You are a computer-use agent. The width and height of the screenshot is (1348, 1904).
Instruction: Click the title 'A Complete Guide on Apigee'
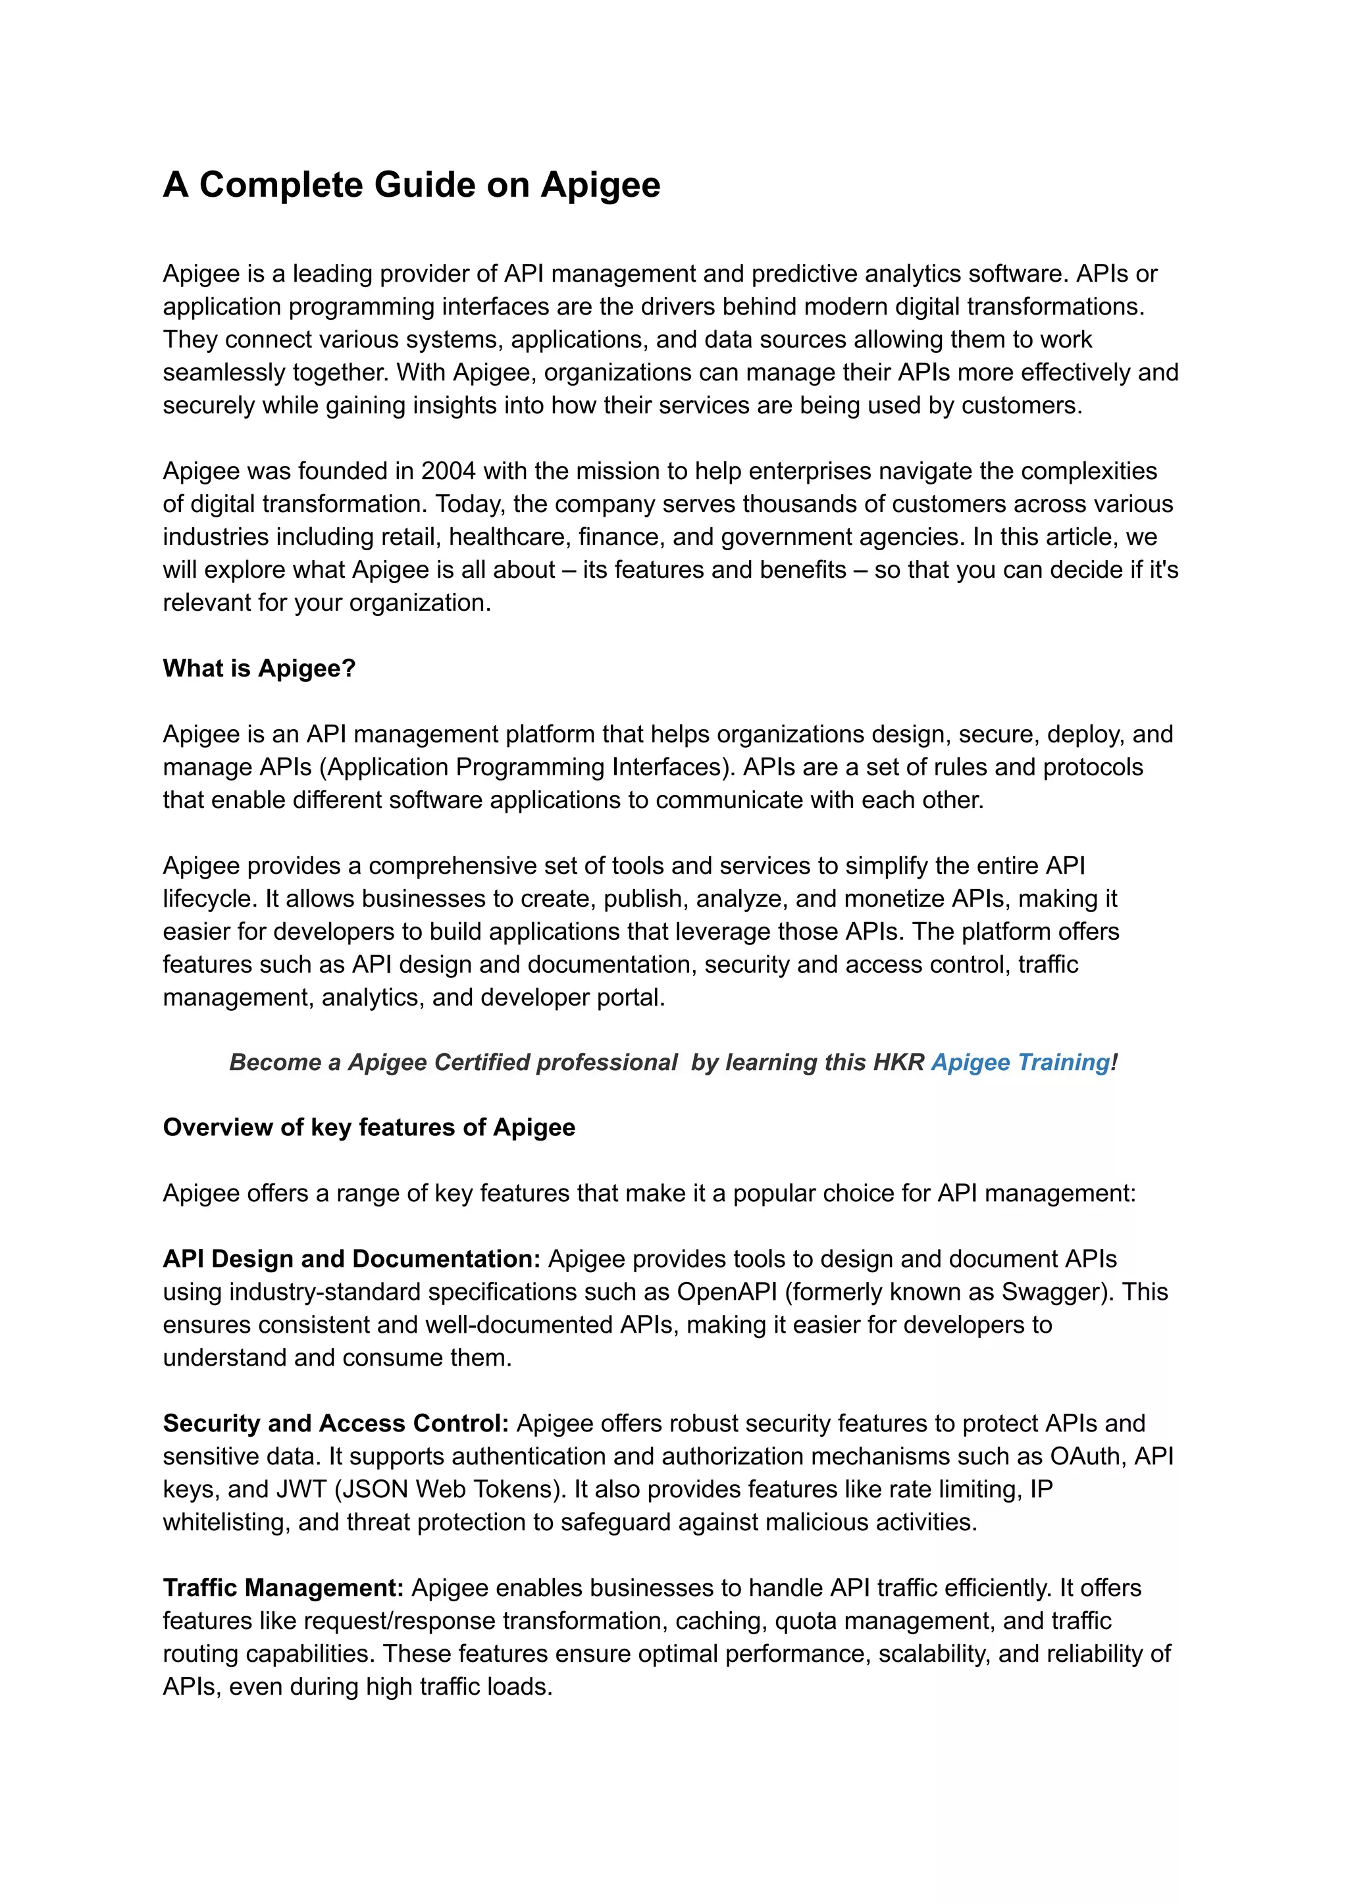tap(411, 184)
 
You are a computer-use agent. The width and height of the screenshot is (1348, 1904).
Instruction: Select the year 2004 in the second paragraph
tap(448, 471)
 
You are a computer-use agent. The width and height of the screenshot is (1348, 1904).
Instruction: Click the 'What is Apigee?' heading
tap(259, 668)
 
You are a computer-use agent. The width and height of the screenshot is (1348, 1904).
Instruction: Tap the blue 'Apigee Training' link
tap(1020, 1062)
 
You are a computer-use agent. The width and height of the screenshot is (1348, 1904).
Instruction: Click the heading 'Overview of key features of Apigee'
tap(369, 1128)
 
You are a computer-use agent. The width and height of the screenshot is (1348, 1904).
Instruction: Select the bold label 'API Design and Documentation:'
tap(351, 1259)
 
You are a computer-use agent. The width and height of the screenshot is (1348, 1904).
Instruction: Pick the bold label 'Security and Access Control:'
tap(335, 1424)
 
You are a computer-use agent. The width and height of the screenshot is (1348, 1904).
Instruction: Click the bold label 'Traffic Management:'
tap(283, 1588)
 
